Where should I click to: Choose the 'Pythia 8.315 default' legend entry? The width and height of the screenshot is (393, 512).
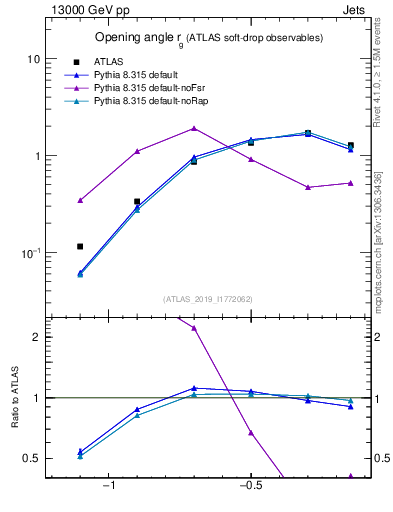[137, 75]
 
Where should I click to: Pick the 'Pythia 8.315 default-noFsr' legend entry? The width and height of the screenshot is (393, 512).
[144, 89]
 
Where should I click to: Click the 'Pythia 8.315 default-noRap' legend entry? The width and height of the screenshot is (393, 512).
[145, 102]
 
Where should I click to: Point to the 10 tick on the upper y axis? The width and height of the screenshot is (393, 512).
[33, 59]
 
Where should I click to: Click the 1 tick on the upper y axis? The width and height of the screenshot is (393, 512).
[36, 156]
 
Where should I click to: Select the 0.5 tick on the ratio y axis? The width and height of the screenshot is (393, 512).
[31, 458]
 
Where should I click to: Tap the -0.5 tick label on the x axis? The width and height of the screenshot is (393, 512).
[249, 486]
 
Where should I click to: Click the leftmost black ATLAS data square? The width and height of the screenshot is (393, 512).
[80, 246]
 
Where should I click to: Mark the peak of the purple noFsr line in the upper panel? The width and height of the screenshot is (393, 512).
[194, 128]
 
